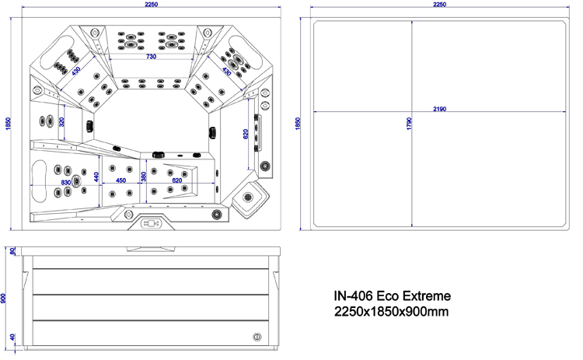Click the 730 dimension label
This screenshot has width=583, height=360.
click(151, 57)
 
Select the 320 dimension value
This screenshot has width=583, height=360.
click(61, 121)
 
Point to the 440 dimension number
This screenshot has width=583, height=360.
click(96, 177)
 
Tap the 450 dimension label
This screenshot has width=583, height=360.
click(120, 180)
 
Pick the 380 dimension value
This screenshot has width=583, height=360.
click(144, 177)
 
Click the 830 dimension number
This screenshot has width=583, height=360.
click(66, 183)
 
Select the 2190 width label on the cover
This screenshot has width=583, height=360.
click(439, 109)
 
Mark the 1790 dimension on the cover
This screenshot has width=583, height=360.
click(409, 123)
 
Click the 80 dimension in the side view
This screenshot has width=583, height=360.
click(12, 251)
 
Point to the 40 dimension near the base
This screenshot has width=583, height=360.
click(12, 337)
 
